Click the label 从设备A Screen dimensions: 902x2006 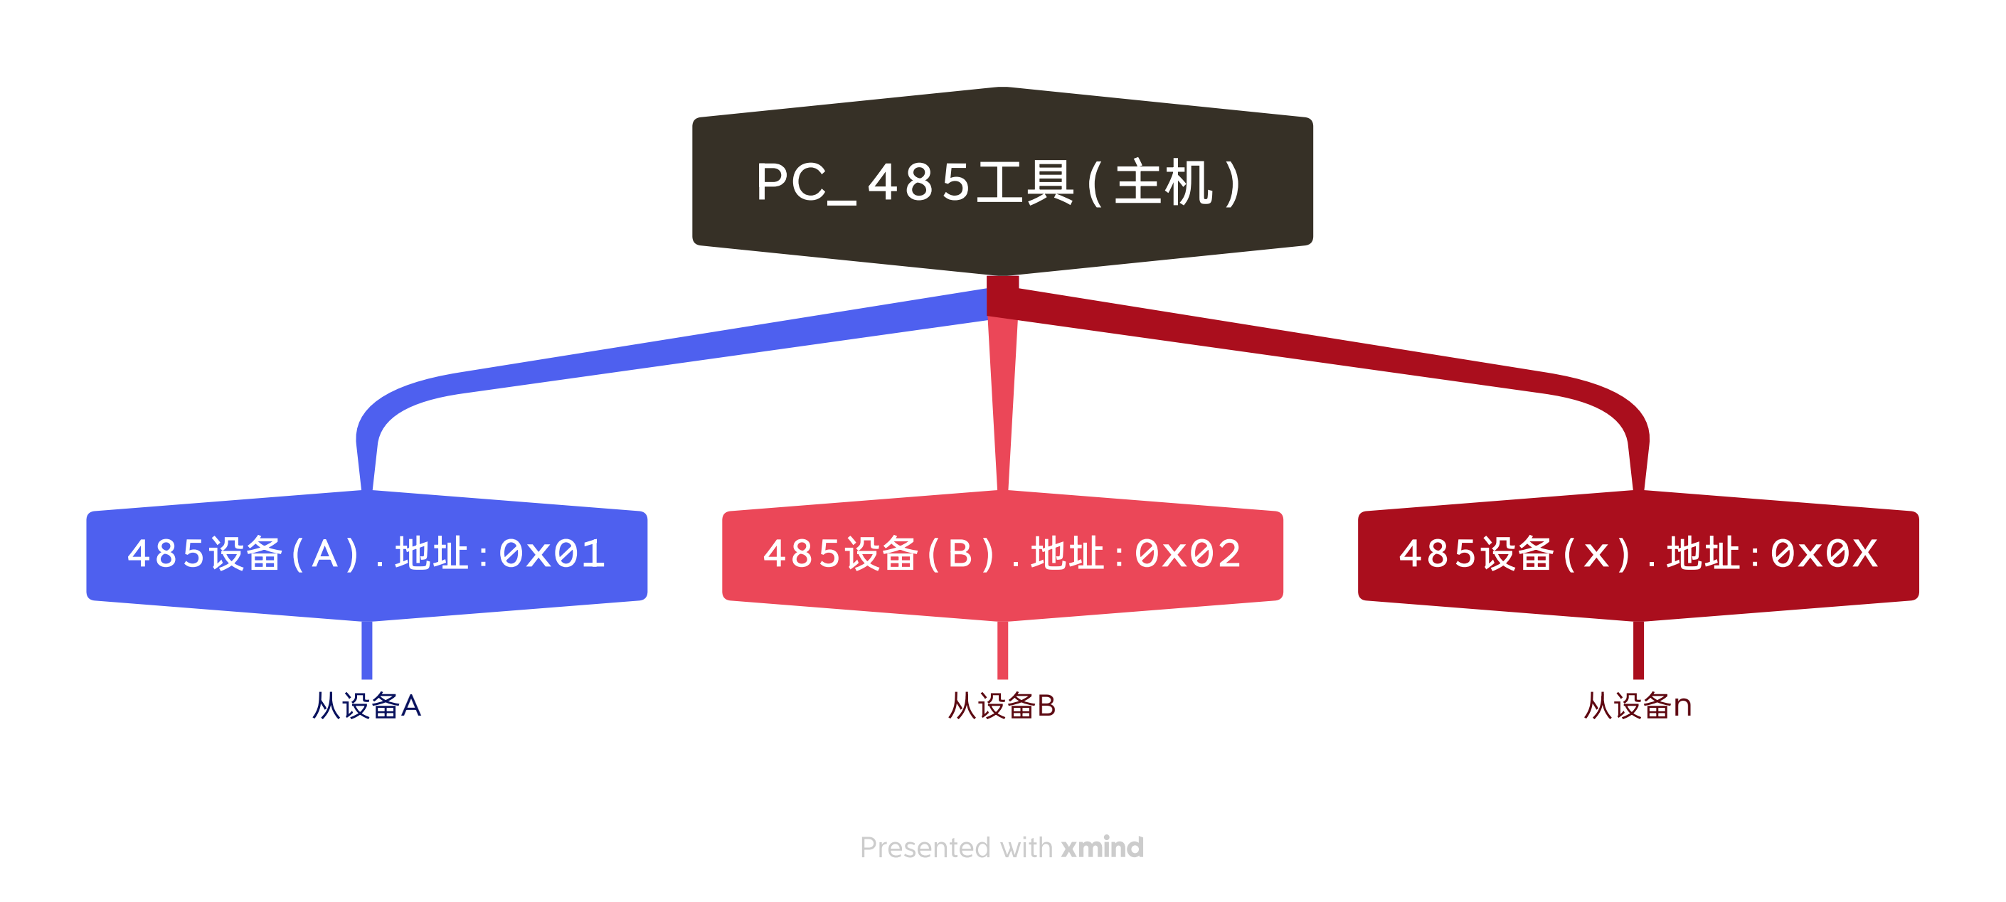pyautogui.click(x=366, y=706)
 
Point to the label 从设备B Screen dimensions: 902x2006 pyautogui.click(x=1002, y=706)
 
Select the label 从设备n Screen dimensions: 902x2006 pyautogui.click(x=1638, y=706)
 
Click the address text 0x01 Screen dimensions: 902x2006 pyautogui.click(x=551, y=555)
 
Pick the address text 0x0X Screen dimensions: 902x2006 pyautogui.click(x=1824, y=555)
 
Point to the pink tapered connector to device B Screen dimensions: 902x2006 pyautogui.click(x=1002, y=405)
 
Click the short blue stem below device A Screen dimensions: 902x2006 pyautogui.click(x=367, y=650)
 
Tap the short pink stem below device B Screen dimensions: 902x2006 pyautogui.click(x=1002, y=650)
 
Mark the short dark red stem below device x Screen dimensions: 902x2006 pyautogui.click(x=1638, y=650)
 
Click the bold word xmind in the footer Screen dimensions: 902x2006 pyautogui.click(x=1103, y=847)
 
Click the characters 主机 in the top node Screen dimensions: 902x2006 pyautogui.click(x=1164, y=183)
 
